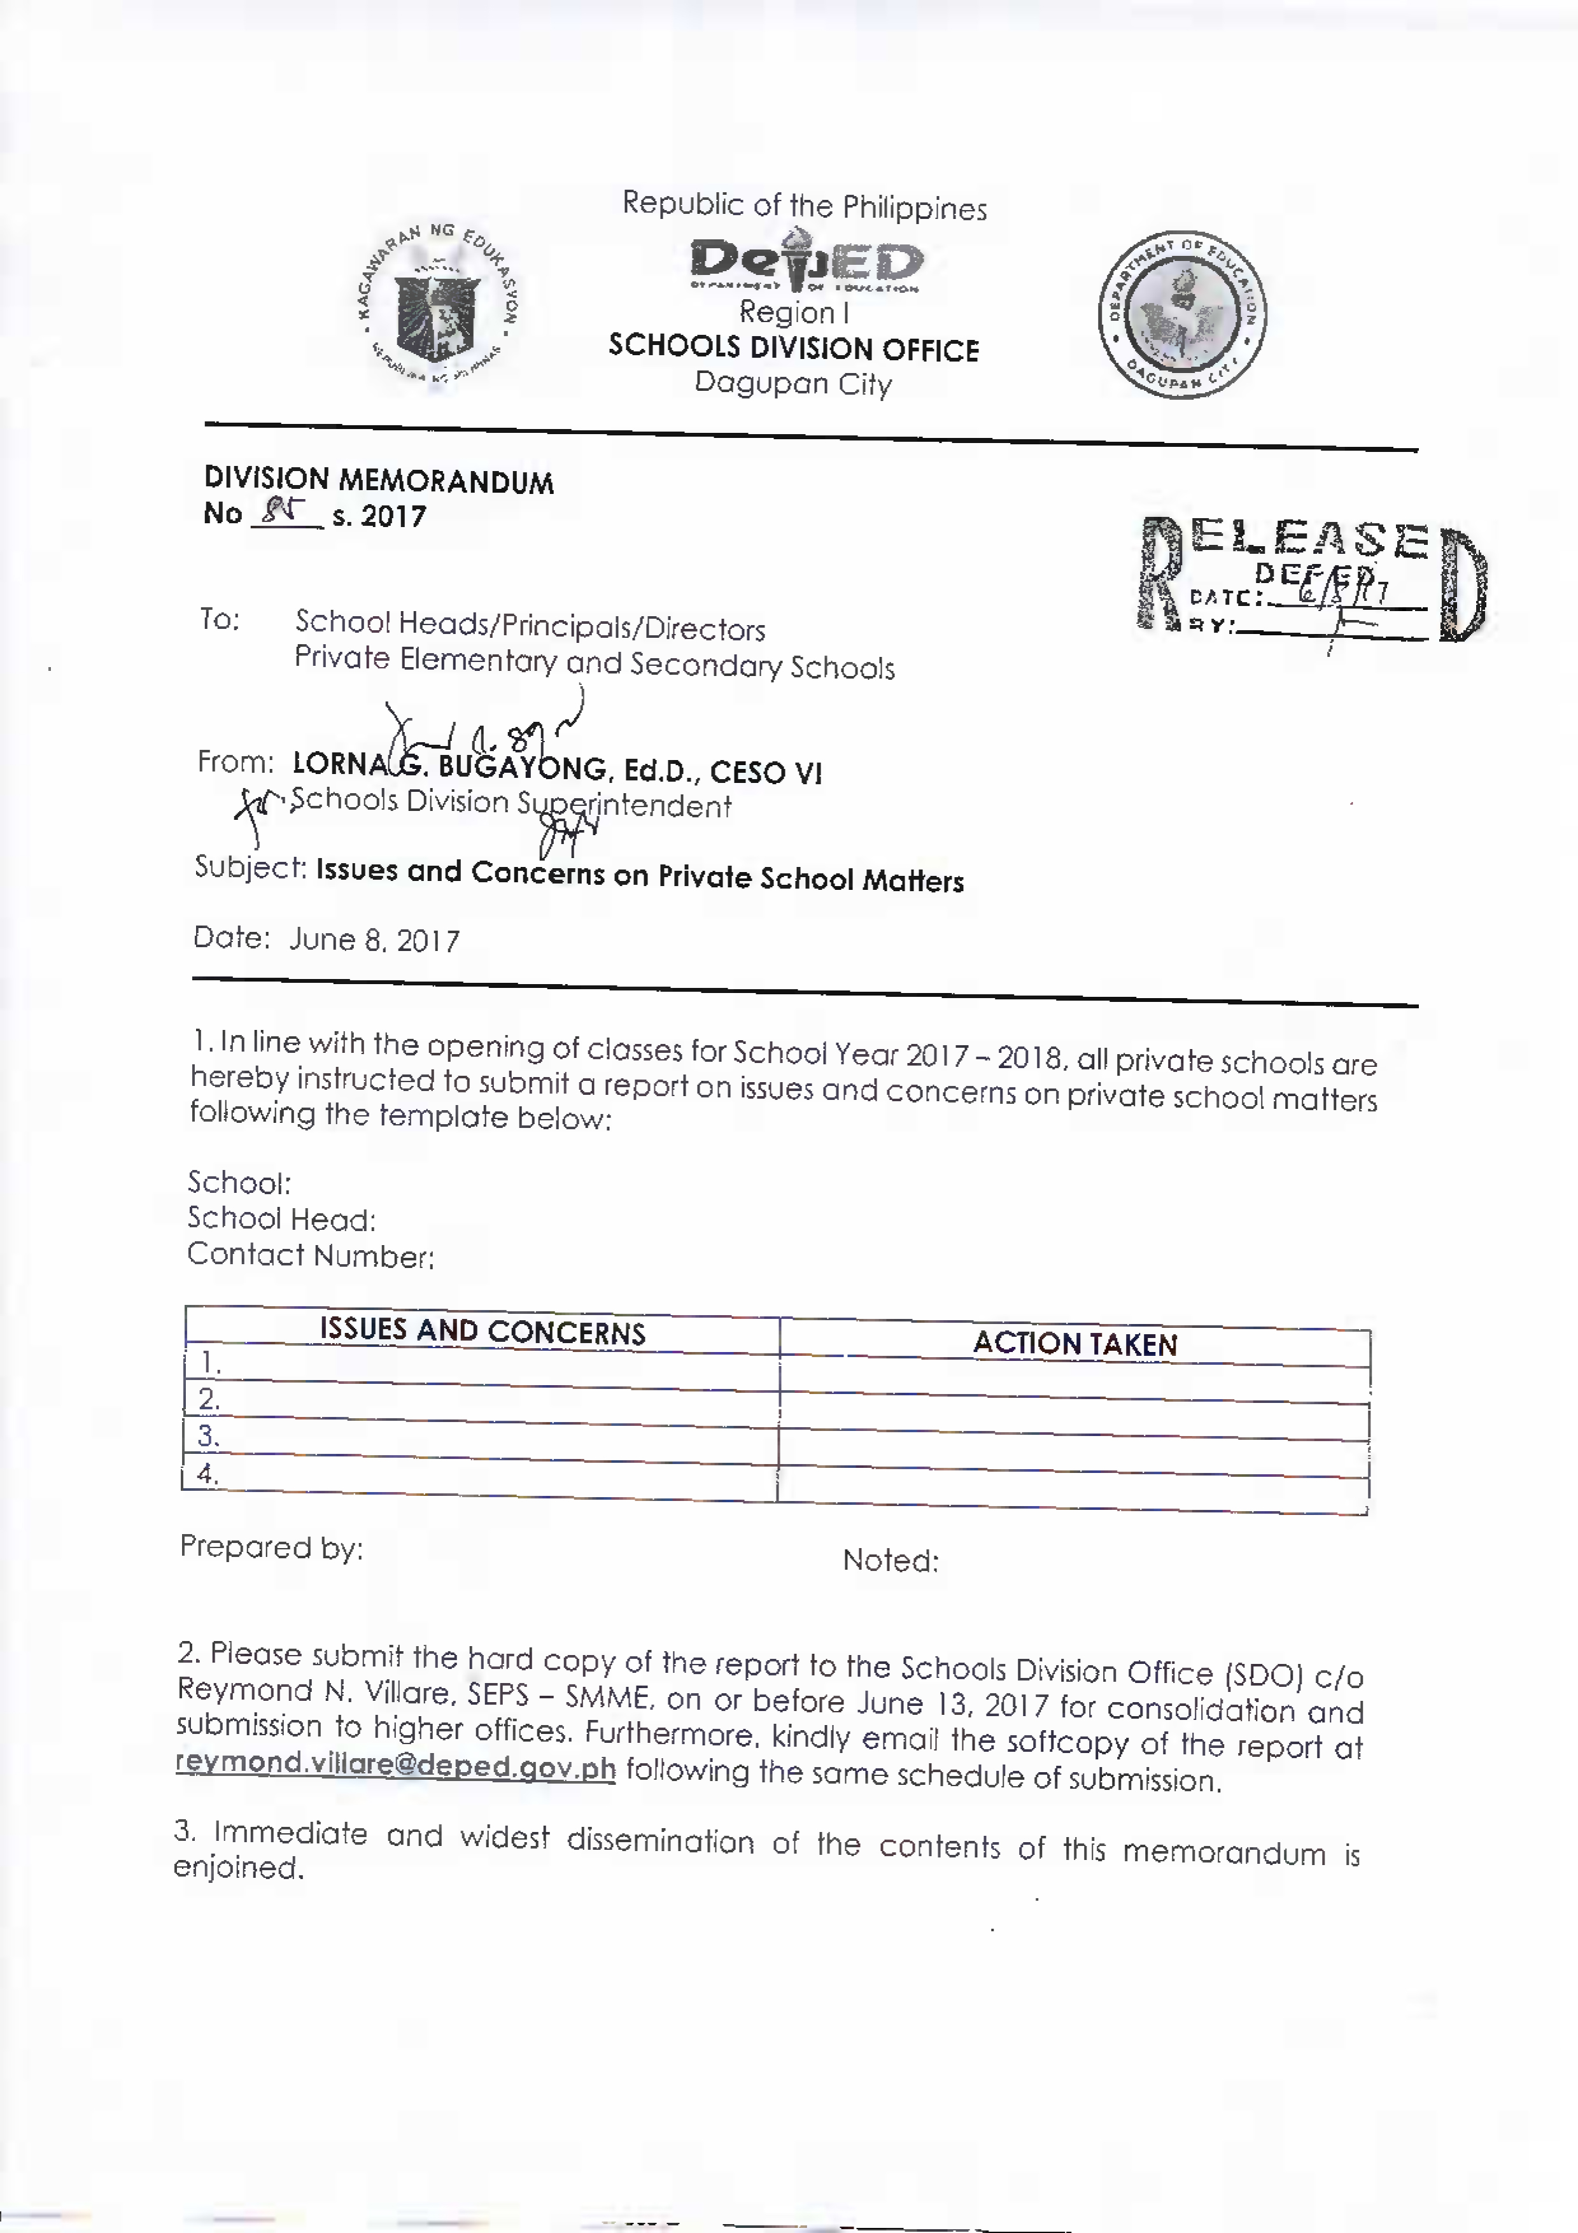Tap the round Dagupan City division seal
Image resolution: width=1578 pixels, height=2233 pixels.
[x=1181, y=315]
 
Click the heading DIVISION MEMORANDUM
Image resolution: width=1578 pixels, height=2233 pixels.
[x=378, y=481]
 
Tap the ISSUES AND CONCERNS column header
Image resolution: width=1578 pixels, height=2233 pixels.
[x=483, y=1332]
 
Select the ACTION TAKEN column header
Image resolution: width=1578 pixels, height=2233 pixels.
[x=1074, y=1344]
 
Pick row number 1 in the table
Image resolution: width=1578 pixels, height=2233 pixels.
[x=210, y=1363]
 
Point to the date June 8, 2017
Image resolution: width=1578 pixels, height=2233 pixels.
[x=374, y=940]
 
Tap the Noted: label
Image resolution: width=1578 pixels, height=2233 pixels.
[x=890, y=1561]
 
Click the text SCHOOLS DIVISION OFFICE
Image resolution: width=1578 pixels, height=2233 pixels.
[x=793, y=348]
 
